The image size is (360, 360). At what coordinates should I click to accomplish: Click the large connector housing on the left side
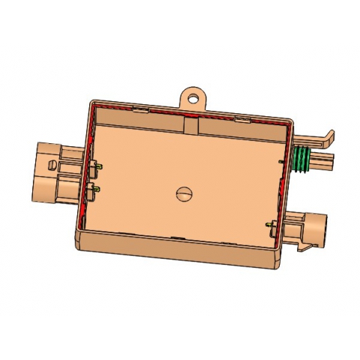(x=46, y=172)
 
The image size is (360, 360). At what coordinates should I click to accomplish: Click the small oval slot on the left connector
(x=50, y=161)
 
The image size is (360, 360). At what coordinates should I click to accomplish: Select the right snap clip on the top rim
(x=241, y=118)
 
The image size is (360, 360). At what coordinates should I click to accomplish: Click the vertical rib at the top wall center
(x=184, y=124)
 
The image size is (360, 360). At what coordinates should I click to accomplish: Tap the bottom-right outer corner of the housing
(x=275, y=262)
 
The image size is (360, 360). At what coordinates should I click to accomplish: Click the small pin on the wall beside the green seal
(x=280, y=160)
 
